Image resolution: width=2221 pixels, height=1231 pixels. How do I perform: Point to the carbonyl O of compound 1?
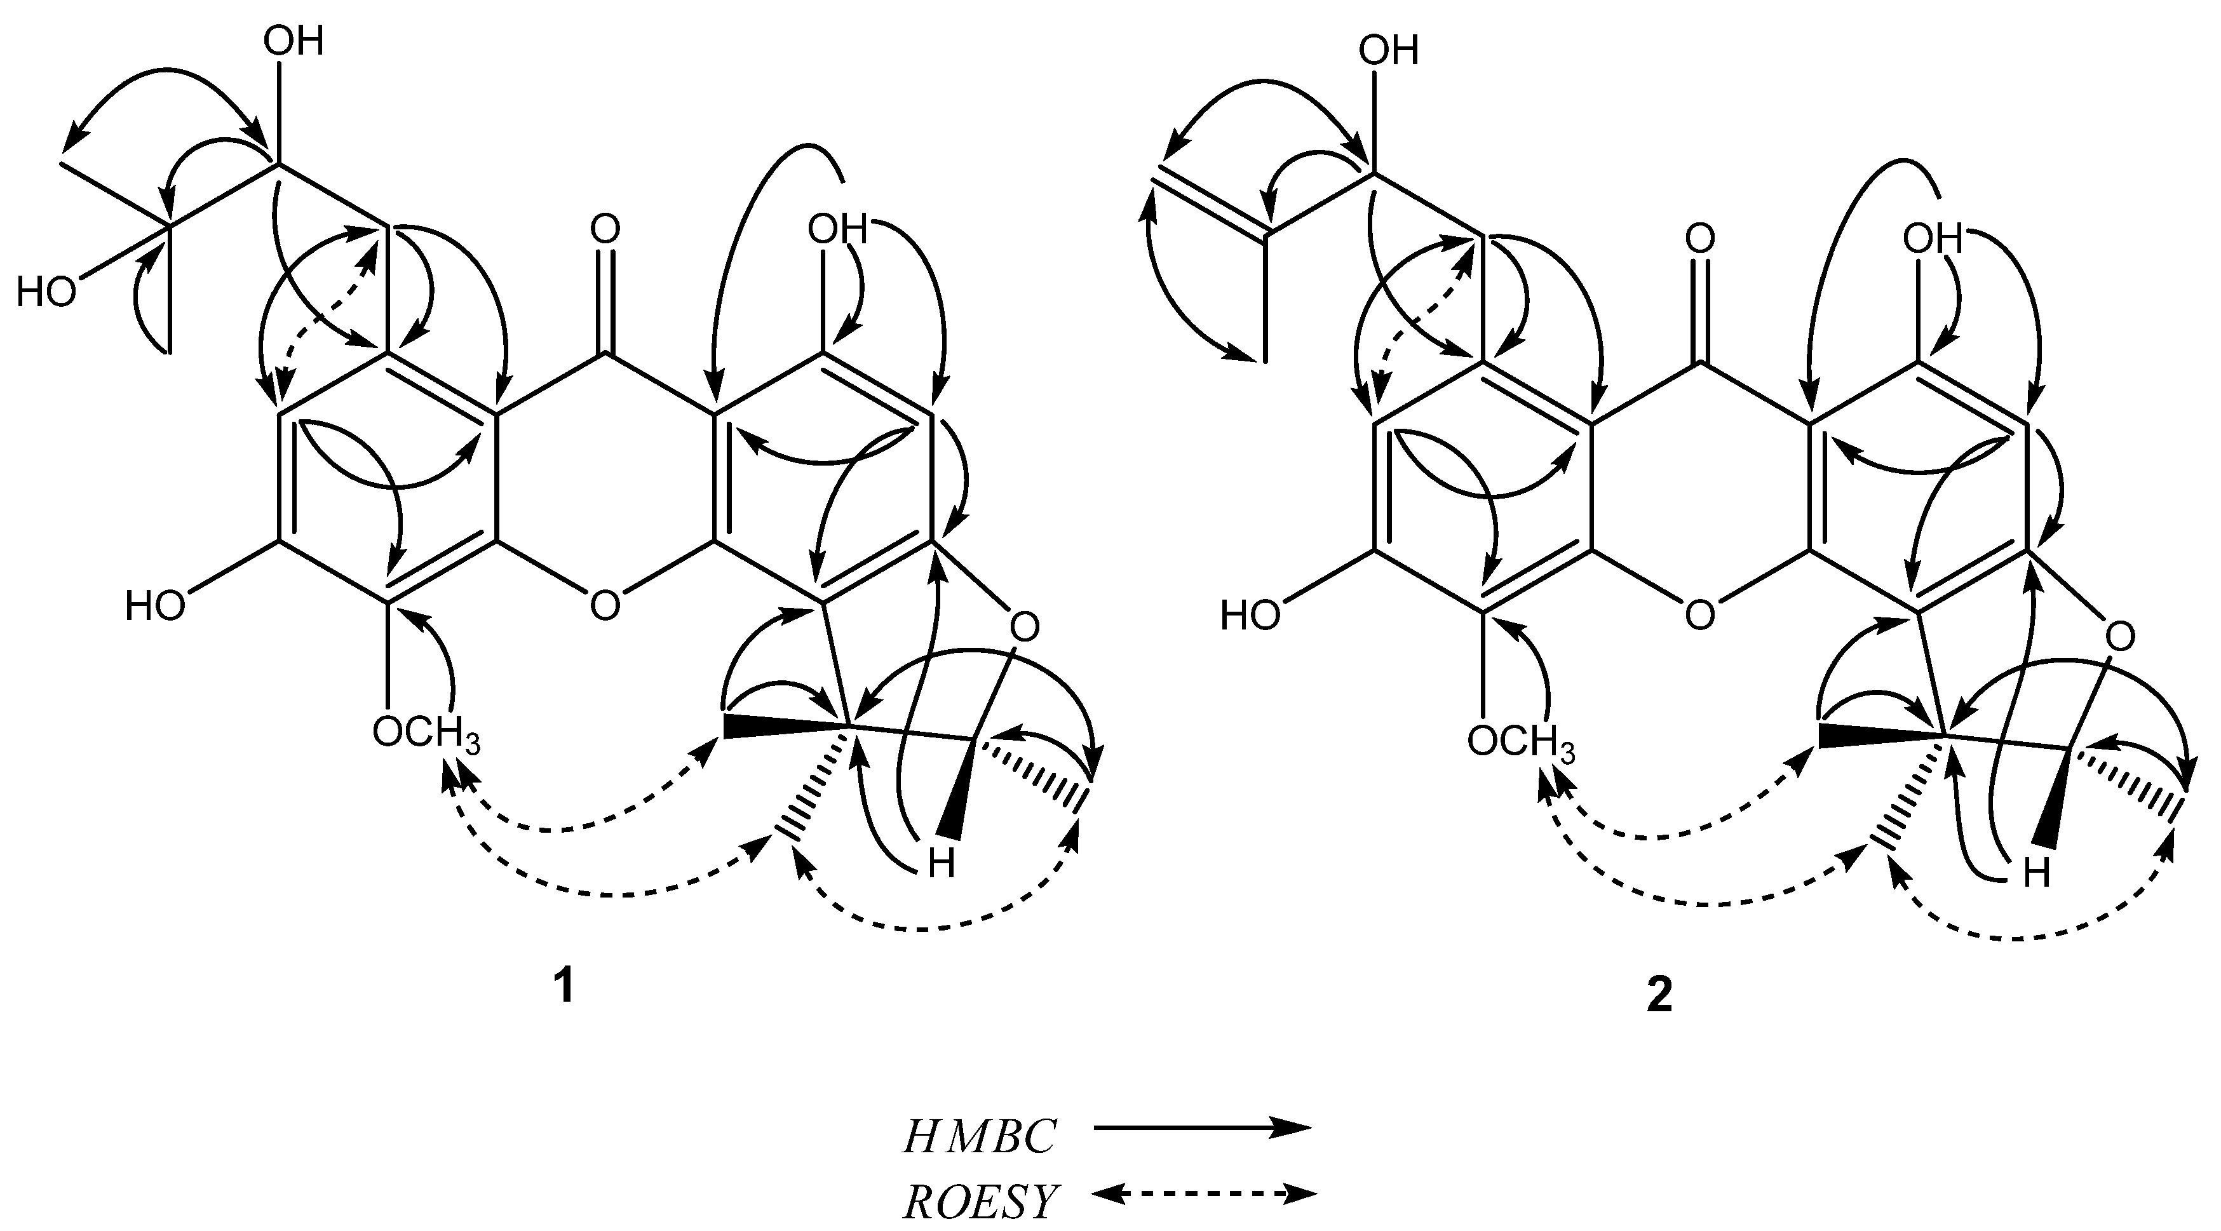pyautogui.click(x=605, y=230)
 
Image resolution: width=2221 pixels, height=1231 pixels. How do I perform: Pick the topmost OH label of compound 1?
pyautogui.click(x=294, y=41)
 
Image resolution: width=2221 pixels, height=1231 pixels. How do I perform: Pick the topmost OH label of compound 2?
pyautogui.click(x=1388, y=50)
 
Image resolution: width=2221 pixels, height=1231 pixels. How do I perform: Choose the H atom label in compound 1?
pyautogui.click(x=942, y=864)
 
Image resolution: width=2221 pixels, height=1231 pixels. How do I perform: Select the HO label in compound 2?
pyautogui.click(x=1249, y=617)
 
